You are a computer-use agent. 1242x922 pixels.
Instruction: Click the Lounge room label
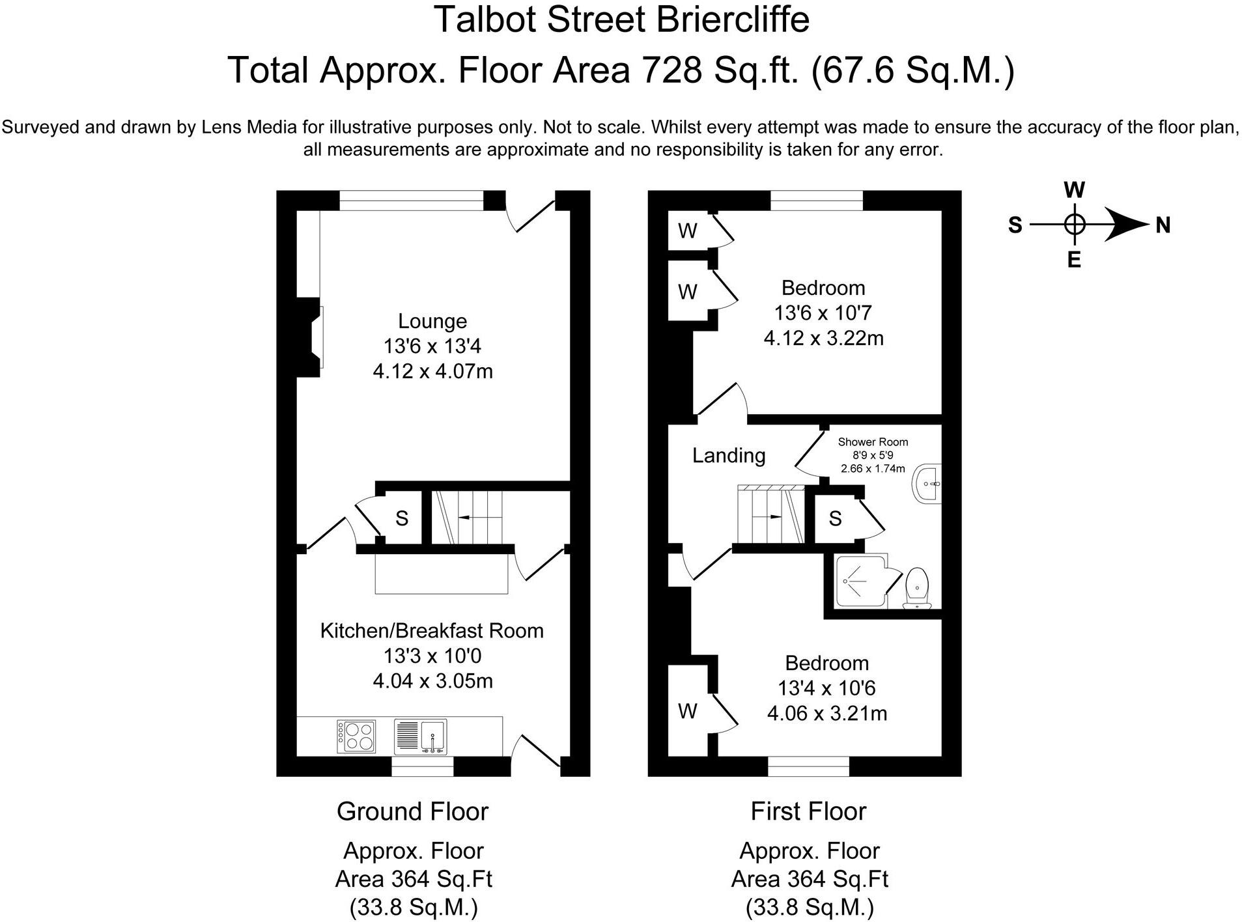432,321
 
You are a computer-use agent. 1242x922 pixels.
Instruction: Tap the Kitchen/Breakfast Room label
432,630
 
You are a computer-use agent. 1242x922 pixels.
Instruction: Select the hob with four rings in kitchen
356,736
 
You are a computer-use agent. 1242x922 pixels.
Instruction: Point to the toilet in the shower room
917,587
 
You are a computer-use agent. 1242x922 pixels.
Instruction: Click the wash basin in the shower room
928,484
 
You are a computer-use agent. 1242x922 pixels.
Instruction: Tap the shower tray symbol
861,581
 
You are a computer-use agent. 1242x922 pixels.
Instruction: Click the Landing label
728,455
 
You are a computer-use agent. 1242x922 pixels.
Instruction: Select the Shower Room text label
873,441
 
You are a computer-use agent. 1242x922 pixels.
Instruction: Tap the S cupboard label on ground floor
402,518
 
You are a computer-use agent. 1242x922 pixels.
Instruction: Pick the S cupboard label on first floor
835,518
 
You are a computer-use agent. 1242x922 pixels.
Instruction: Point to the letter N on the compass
1163,225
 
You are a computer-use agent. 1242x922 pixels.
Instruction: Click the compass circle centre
1074,225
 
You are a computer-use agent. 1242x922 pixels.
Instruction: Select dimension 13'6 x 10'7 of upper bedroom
823,313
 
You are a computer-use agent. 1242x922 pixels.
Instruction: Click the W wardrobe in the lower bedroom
688,711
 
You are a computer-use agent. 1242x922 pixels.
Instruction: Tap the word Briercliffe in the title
732,20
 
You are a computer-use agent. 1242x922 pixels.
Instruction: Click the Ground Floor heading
412,811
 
